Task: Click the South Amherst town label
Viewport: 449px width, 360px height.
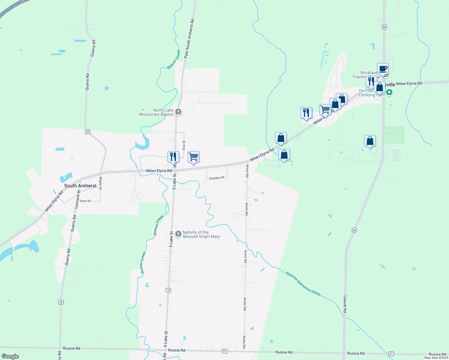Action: [x=80, y=186]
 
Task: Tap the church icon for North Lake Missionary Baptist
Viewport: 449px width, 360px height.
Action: [x=178, y=112]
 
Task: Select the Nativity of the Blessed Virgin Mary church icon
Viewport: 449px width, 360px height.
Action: [x=178, y=234]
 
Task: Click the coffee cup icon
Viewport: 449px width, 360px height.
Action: [x=383, y=69]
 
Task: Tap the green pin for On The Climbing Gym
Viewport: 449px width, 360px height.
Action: [x=389, y=92]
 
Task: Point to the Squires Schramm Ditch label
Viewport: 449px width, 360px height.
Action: [x=303, y=284]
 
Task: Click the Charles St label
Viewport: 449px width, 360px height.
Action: [x=216, y=178]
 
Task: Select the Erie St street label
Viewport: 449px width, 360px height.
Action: [x=184, y=145]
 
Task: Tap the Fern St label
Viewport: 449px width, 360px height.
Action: [x=85, y=201]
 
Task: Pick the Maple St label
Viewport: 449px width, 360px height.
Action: [x=101, y=183]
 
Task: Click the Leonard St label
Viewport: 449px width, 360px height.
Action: [x=77, y=199]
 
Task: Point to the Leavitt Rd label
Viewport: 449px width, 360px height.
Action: [x=345, y=304]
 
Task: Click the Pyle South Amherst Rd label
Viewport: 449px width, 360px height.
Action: [x=189, y=38]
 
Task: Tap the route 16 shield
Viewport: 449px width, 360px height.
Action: [x=168, y=290]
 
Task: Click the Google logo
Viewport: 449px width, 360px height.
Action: [x=10, y=356]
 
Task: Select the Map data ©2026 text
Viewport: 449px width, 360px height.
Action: [x=436, y=358]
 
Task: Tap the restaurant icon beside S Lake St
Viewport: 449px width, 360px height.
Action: [x=173, y=157]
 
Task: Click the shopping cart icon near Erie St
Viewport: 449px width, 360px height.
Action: [x=194, y=157]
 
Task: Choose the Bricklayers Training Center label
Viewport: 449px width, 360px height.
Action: [x=366, y=75]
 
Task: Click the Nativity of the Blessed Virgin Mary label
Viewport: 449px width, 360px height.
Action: [x=201, y=234]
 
